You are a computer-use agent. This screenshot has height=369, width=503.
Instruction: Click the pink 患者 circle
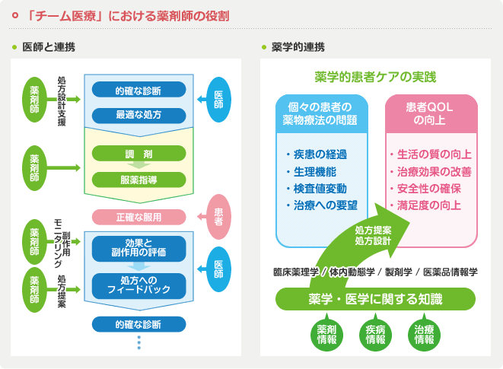[x=218, y=215]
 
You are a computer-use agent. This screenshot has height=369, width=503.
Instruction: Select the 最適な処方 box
[x=138, y=114]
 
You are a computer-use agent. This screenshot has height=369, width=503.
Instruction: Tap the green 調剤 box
[x=138, y=154]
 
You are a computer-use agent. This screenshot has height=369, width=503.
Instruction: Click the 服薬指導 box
[x=138, y=180]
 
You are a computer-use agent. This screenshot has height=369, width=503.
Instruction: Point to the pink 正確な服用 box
[x=138, y=217]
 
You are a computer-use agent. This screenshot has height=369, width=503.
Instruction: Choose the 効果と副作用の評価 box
[x=138, y=248]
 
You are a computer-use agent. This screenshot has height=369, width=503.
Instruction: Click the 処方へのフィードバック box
[x=138, y=285]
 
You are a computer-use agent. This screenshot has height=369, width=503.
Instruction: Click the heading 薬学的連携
[x=298, y=47]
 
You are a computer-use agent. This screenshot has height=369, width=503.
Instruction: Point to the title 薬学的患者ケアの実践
[x=375, y=77]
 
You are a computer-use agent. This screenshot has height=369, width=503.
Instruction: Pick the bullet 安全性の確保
[x=429, y=188]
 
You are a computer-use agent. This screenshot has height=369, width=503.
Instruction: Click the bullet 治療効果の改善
[x=429, y=170]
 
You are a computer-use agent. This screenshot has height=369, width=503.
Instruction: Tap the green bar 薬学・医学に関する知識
[x=375, y=299]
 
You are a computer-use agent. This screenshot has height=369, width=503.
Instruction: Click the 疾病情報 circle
[x=375, y=334]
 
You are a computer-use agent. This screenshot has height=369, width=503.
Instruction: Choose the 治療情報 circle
[x=424, y=334]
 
